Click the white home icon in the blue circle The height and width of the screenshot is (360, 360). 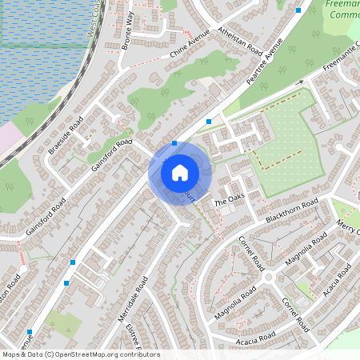click(180, 172)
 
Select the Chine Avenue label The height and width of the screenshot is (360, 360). click(190, 48)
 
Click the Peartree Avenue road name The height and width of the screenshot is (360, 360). click(266, 62)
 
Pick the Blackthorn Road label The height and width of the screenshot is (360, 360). click(292, 209)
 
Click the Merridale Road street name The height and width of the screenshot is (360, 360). click(134, 298)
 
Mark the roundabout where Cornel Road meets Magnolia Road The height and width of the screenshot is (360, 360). click(269, 277)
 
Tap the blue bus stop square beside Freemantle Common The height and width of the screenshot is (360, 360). click(298, 10)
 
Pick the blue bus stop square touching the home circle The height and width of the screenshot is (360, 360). click(174, 143)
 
